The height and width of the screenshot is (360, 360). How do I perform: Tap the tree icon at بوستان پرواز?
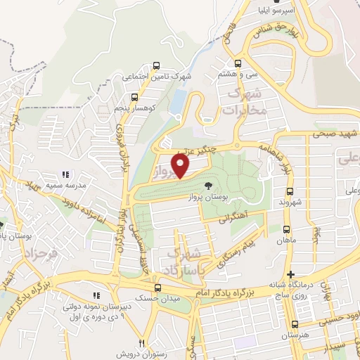coord(209,185)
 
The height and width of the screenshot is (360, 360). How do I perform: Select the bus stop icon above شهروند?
coord(290,191)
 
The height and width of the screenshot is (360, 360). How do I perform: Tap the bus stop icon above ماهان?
coord(286,229)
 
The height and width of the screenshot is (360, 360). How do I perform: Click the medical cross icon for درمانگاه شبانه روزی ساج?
coord(290,274)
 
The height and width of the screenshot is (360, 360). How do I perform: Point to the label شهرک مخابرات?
coord(243,102)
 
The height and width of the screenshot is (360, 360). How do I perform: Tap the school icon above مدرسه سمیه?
coord(65,174)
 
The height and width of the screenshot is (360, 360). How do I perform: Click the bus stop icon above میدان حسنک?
coord(156,288)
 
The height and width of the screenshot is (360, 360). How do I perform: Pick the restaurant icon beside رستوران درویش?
coord(141,344)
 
